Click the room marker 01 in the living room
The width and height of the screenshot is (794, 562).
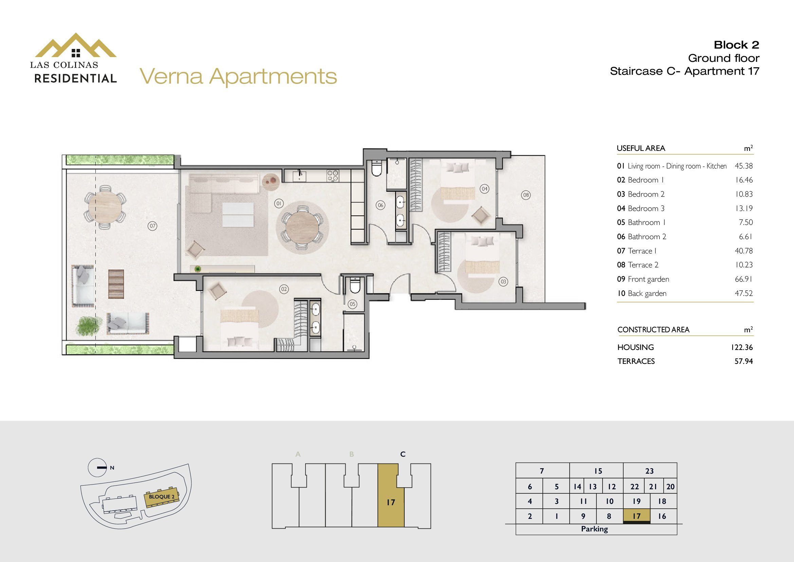coord(279,204)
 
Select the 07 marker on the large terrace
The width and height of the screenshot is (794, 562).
coord(152,226)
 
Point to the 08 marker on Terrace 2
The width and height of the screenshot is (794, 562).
coord(526,195)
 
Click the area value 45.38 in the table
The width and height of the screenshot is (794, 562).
coord(743,166)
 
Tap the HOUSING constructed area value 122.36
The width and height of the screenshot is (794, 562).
coord(742,347)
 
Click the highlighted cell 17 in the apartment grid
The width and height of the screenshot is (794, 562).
coord(636,516)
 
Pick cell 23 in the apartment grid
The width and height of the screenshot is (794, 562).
coord(650,471)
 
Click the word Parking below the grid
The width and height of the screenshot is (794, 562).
coord(594,529)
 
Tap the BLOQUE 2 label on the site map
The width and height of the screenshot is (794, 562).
coord(162,497)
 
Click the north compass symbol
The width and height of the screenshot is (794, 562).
coord(97,468)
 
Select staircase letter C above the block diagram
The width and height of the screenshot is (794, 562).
coord(403,454)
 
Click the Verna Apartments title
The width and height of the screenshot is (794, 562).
coord(238,76)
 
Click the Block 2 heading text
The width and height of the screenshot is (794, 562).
coord(736,45)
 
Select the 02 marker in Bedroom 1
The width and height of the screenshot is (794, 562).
coord(284,289)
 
